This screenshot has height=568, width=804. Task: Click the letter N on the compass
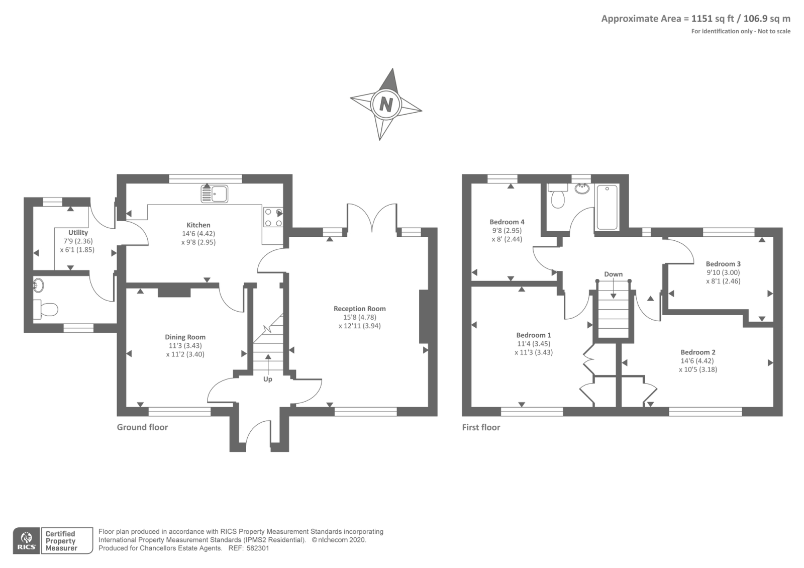(x=386, y=105)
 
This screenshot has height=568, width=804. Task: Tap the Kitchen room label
(x=198, y=225)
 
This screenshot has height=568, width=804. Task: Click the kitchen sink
(x=215, y=194)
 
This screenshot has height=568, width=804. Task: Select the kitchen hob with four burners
(x=273, y=217)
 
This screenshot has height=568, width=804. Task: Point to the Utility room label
(x=78, y=233)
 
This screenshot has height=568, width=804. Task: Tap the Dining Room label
(x=185, y=337)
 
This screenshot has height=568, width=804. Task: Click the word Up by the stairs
(x=268, y=379)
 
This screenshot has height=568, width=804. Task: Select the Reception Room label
(x=360, y=309)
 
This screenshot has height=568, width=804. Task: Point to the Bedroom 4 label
(x=507, y=222)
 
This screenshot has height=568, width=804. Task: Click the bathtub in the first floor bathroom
(x=607, y=207)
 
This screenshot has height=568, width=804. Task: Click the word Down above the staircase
(x=613, y=274)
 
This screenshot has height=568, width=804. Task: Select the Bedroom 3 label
(x=723, y=264)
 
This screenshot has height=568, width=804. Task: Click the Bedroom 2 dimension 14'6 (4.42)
(x=698, y=361)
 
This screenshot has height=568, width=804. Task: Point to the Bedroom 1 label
(x=534, y=335)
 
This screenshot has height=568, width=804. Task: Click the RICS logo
(x=27, y=540)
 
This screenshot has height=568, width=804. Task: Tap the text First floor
(x=481, y=427)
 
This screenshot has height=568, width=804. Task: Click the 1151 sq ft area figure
(x=712, y=19)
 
